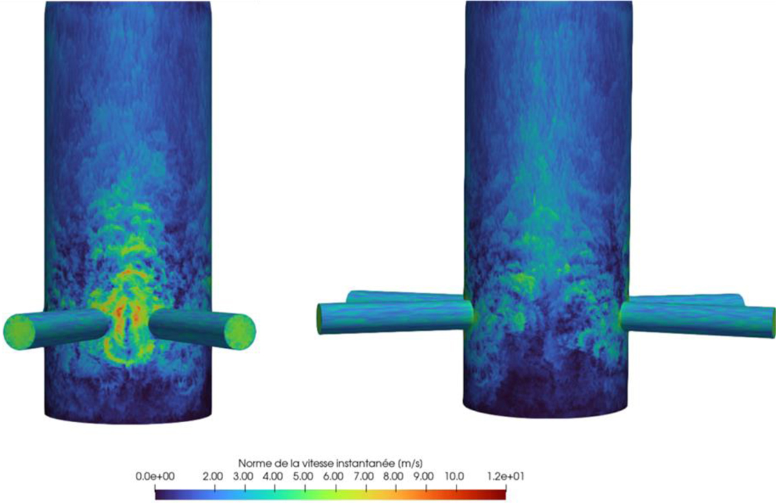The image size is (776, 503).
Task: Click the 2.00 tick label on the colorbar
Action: tap(213, 476)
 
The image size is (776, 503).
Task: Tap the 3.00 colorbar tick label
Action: tap(243, 476)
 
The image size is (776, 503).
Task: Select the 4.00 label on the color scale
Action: tap(273, 476)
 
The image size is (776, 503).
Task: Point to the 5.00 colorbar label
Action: tap(303, 476)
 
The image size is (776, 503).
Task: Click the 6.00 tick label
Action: tap(333, 476)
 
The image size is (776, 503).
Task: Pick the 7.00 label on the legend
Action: tap(363, 476)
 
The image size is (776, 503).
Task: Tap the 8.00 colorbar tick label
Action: tap(394, 476)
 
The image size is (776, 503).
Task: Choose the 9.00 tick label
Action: tap(424, 476)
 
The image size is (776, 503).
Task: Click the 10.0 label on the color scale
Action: tap(455, 476)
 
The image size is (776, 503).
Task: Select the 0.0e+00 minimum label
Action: tap(155, 476)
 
